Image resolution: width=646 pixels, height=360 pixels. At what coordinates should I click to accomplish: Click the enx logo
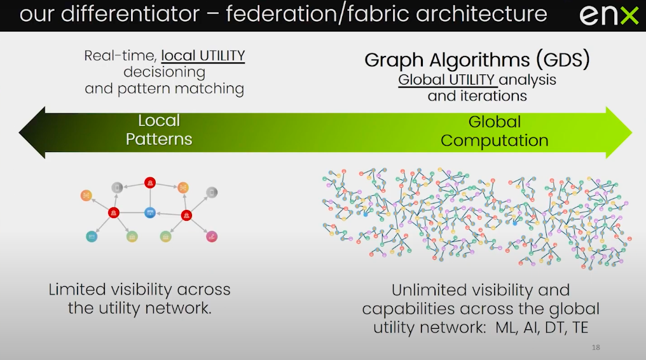(x=609, y=16)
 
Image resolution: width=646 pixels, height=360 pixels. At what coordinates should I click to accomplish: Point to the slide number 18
(x=596, y=347)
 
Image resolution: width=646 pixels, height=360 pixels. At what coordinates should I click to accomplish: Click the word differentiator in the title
(x=130, y=13)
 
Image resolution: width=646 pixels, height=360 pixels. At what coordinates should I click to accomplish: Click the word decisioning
(x=165, y=73)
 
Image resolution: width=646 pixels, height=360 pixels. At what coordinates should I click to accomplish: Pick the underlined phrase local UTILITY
(x=203, y=55)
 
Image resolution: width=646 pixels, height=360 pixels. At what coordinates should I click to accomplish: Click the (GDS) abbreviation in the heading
(x=563, y=60)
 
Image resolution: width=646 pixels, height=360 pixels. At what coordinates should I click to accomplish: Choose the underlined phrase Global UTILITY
(x=446, y=80)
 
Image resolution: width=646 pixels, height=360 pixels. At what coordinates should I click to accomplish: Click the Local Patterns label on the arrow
(x=159, y=130)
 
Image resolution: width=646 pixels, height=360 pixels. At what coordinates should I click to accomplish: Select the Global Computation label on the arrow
(x=495, y=131)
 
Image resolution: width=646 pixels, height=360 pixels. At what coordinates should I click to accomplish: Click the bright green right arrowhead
(x=619, y=133)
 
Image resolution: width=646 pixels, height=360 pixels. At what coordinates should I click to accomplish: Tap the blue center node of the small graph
(x=150, y=212)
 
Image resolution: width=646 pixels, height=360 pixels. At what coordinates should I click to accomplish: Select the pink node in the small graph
(x=212, y=237)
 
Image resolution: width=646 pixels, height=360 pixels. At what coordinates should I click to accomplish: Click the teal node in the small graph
(x=92, y=237)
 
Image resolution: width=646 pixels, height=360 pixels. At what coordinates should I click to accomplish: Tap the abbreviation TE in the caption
(x=580, y=328)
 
